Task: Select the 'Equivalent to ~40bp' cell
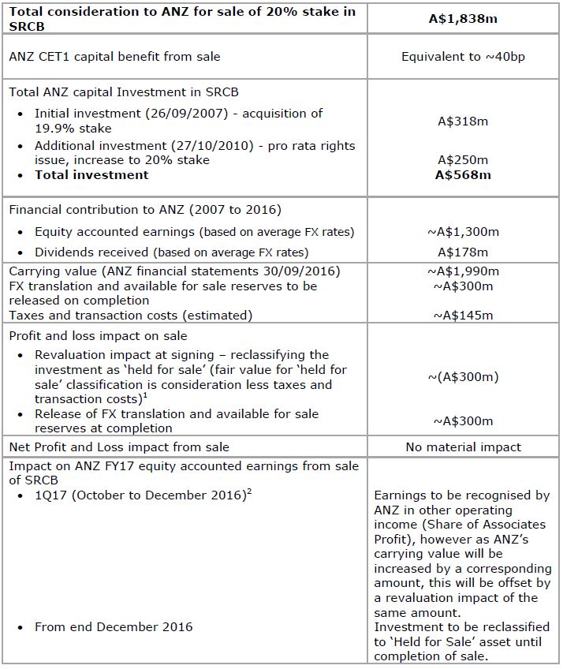click(x=463, y=57)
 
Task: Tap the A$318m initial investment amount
click(x=463, y=121)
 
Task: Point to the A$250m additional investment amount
click(x=463, y=160)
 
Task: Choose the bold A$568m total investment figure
click(x=463, y=175)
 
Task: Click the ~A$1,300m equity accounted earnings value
click(x=463, y=232)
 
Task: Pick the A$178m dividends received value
click(x=463, y=252)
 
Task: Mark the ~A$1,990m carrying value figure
click(x=463, y=271)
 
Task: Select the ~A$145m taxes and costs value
click(x=463, y=316)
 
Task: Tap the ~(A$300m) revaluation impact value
click(x=463, y=377)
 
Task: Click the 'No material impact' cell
click(x=463, y=447)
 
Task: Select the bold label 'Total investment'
click(x=91, y=175)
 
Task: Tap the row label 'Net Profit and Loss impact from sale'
click(x=119, y=447)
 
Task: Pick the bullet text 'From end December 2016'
click(x=114, y=627)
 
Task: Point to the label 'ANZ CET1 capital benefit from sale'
click(x=115, y=57)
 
